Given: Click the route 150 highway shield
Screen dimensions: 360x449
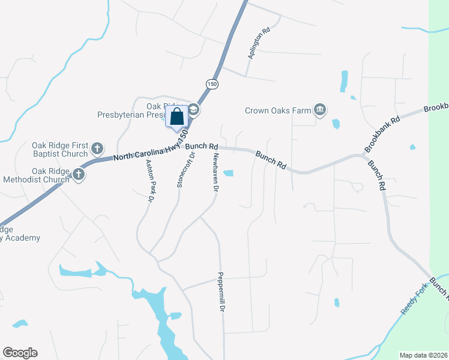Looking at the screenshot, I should [212, 85].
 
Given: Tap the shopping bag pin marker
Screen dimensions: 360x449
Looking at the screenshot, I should [177, 116].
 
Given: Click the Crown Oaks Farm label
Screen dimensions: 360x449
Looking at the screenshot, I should [278, 110].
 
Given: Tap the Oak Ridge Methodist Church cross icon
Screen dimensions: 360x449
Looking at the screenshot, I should [79, 175].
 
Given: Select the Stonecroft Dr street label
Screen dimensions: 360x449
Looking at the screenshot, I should [185, 170].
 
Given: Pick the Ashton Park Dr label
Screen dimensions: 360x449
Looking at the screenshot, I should [150, 180].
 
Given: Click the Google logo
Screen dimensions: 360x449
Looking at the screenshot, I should [20, 353].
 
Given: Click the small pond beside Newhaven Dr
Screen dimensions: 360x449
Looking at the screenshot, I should [229, 173].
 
